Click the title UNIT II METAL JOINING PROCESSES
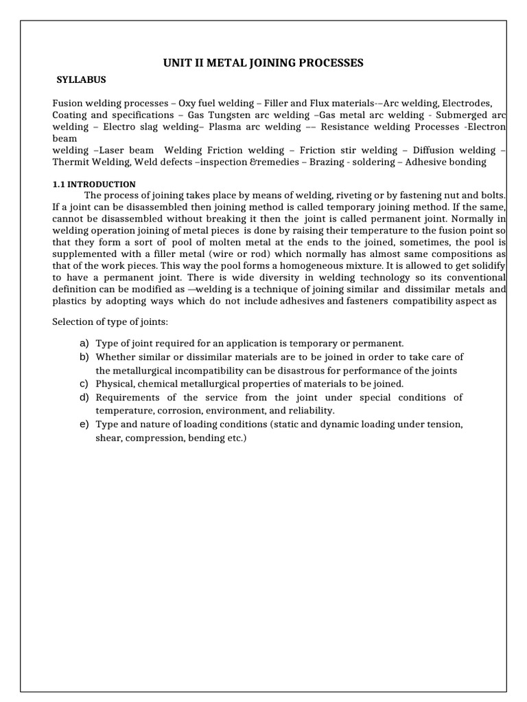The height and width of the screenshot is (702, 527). pos(263,64)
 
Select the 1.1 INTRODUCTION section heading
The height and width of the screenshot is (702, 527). pos(94,184)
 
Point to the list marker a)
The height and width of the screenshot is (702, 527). pos(84,342)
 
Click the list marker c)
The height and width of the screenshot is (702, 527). pos(84,383)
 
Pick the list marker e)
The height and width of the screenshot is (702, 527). pos(84,424)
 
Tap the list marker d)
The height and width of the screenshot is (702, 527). pos(84,397)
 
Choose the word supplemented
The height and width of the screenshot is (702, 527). pos(84,253)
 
